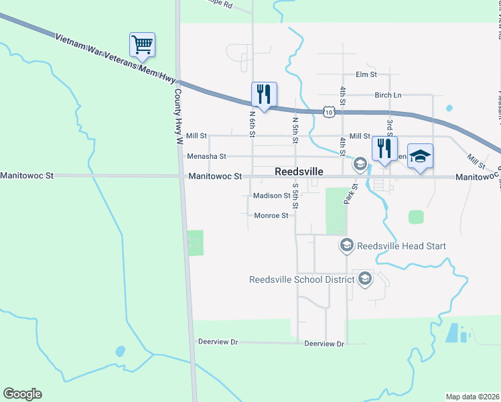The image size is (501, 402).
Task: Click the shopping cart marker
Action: (142, 46)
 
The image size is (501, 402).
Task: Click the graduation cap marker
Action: (420, 157)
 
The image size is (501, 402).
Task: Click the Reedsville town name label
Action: (299, 172)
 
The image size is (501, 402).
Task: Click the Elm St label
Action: (366, 74)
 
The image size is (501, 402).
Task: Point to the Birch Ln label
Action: (388, 95)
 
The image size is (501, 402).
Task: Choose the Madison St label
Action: (271, 196)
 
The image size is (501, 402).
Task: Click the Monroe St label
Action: (271, 216)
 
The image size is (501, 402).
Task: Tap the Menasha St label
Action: (206, 156)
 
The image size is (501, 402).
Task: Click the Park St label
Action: (350, 194)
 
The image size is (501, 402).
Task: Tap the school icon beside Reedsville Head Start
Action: (346, 246)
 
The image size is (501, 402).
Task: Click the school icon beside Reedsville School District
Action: (365, 279)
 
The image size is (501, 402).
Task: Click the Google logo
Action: (22, 394)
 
